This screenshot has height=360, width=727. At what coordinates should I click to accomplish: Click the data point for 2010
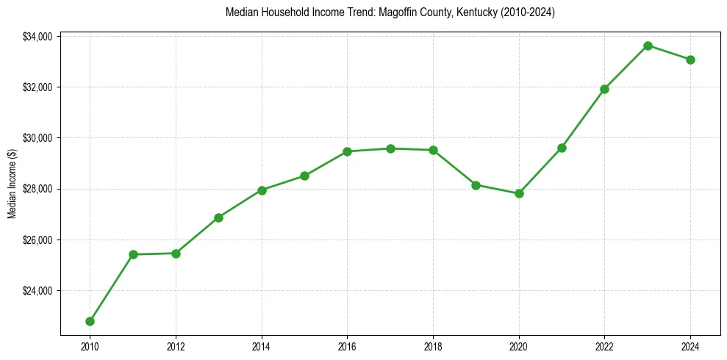pyautogui.click(x=90, y=321)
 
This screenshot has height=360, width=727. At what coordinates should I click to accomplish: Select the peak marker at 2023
pyautogui.click(x=648, y=46)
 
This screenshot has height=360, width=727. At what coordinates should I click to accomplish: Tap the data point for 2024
pyautogui.click(x=690, y=60)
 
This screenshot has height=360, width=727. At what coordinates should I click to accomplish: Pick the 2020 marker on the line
pyautogui.click(x=519, y=193)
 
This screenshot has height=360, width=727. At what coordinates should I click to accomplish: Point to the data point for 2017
pyautogui.click(x=390, y=148)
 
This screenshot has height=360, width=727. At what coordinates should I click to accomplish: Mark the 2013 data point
pyautogui.click(x=218, y=217)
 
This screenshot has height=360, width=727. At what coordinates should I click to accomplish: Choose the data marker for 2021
pyautogui.click(x=562, y=148)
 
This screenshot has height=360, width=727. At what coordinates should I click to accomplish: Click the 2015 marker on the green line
pyautogui.click(x=304, y=176)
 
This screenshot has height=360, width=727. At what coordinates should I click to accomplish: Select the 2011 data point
pyautogui.click(x=133, y=254)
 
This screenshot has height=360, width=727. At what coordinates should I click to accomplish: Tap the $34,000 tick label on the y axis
pyautogui.click(x=37, y=37)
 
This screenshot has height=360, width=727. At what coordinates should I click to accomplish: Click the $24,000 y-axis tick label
pyautogui.click(x=37, y=291)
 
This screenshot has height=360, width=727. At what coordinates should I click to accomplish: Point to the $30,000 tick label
pyautogui.click(x=37, y=138)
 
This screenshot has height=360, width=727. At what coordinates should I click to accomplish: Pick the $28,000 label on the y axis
pyautogui.click(x=37, y=189)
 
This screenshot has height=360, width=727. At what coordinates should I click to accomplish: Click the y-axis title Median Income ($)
pyautogui.click(x=12, y=183)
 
